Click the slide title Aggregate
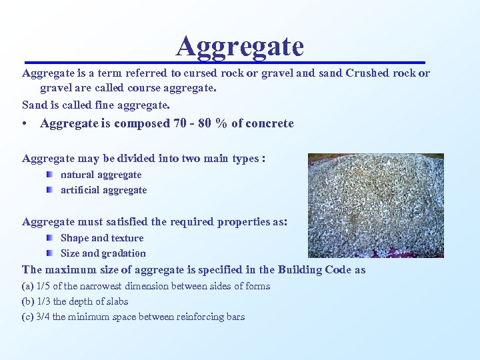[240, 46]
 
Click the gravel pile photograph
[375, 205]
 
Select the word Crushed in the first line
[368, 73]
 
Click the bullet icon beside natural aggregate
[49, 174]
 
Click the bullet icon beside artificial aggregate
[49, 189]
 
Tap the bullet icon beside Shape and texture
[49, 237]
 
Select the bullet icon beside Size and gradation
[49, 253]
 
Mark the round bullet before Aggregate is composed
[25, 124]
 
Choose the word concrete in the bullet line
[270, 123]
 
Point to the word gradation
[123, 253]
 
